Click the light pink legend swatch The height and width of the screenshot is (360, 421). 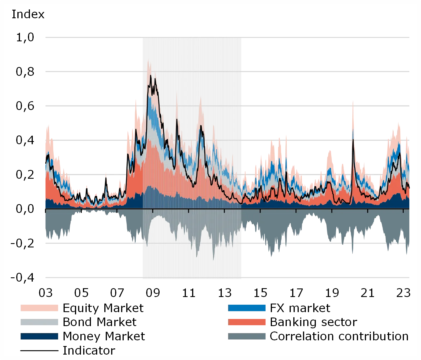tap(40, 308)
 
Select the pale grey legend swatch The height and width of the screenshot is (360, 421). tap(40, 322)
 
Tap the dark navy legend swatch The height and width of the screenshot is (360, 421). tap(40, 336)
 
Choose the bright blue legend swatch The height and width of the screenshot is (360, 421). tap(247, 308)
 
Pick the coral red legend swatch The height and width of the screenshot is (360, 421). tap(247, 322)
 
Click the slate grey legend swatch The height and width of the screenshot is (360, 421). tap(247, 336)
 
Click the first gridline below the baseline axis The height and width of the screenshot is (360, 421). tap(86, 243)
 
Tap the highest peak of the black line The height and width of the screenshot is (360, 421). tap(151, 76)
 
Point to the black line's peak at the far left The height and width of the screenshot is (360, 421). tap(48, 155)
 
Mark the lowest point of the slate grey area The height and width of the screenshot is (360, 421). tap(213, 260)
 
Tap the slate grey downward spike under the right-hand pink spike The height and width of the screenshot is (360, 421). tap(353, 254)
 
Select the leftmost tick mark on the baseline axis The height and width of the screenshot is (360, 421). tap(46, 210)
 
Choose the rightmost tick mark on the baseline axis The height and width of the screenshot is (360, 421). tap(403, 210)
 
